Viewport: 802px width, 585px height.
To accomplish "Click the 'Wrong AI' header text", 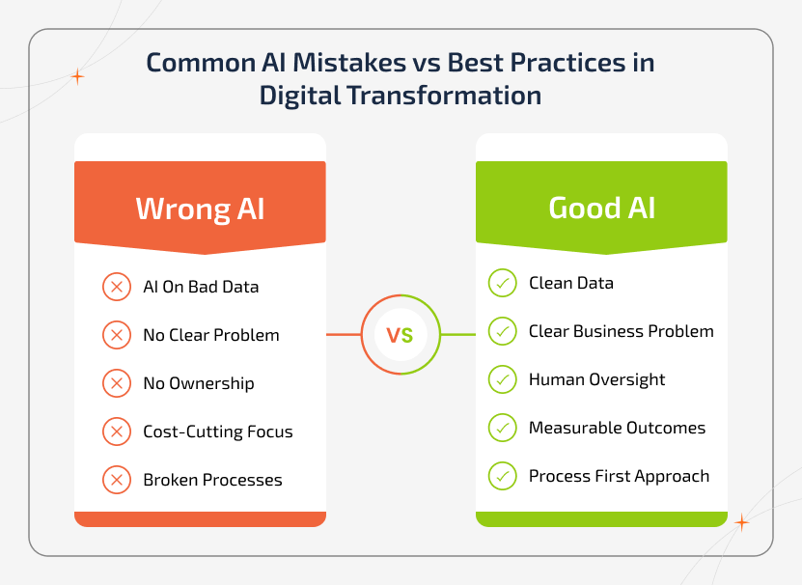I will pos(200,209).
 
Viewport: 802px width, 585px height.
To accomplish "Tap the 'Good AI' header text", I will pos(601,208).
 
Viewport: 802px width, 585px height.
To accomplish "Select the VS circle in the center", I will pos(401,335).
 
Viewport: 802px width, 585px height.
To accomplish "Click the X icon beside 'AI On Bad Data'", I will pos(116,287).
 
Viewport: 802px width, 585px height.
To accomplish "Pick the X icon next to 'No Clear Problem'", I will pos(116,335).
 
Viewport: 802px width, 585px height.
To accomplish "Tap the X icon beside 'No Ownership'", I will pos(116,383).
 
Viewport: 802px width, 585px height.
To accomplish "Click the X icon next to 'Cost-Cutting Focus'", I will pos(116,432).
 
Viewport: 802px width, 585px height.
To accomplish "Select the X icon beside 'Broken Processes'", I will pos(116,480).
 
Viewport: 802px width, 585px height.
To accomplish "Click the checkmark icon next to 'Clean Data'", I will pos(502,283).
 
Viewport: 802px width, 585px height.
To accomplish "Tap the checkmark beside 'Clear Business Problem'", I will pos(502,331).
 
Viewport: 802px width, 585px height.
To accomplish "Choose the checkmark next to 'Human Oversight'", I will pos(502,379).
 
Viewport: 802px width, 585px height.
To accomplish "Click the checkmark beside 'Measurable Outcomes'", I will pos(502,428).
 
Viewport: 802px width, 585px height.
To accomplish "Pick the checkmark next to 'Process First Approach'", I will pos(502,476).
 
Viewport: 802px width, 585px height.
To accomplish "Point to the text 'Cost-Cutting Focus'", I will pos(217,432).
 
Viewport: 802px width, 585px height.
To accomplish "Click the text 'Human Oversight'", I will pos(596,379).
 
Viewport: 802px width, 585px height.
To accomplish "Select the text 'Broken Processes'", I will pos(212,480).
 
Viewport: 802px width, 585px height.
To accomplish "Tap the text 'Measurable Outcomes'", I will pos(617,428).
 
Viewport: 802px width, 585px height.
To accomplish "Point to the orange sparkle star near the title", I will pos(77,76).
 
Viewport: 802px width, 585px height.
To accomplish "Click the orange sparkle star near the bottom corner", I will pos(741,522).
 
